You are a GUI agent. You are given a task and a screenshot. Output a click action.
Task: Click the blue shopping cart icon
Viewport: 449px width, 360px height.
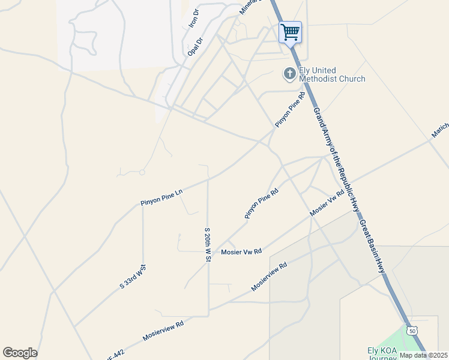(x=291, y=32)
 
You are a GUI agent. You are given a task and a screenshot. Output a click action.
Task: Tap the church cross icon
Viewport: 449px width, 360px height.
(x=289, y=74)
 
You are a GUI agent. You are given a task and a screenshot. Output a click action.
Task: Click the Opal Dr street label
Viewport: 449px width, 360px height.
(x=196, y=46)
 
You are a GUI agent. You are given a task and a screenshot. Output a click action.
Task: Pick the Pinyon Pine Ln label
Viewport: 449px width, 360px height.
(x=161, y=197)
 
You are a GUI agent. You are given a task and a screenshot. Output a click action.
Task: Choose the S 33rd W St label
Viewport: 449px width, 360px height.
(x=133, y=277)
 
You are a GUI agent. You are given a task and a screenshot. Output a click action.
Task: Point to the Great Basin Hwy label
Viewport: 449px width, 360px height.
(x=372, y=247)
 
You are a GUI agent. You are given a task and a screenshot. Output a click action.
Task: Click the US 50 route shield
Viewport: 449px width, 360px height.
(x=411, y=331)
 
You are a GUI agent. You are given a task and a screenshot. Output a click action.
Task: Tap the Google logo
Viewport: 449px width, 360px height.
(x=20, y=353)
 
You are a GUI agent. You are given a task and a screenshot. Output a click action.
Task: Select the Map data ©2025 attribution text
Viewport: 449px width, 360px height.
(x=424, y=355)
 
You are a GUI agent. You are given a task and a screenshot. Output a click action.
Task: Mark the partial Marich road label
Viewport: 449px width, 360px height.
(x=439, y=131)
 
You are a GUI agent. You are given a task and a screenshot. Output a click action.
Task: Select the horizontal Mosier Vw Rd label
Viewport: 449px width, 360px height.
(x=241, y=252)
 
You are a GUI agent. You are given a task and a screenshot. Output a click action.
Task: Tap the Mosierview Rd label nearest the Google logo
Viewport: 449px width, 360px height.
(x=163, y=331)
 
